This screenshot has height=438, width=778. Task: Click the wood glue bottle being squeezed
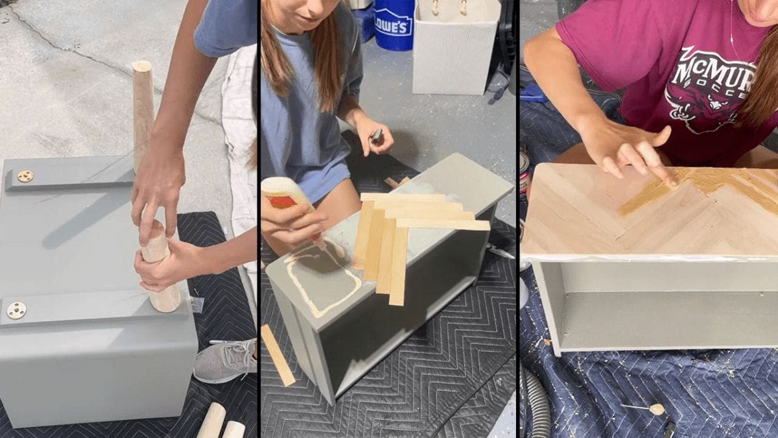285,194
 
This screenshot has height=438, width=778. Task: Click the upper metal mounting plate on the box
25,176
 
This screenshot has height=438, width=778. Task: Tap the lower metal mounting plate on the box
16,310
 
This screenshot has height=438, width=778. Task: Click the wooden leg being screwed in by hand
159,266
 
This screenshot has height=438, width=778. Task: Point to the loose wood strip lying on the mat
277,354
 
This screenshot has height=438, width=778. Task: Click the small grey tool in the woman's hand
376,136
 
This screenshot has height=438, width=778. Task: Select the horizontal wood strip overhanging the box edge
447,225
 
